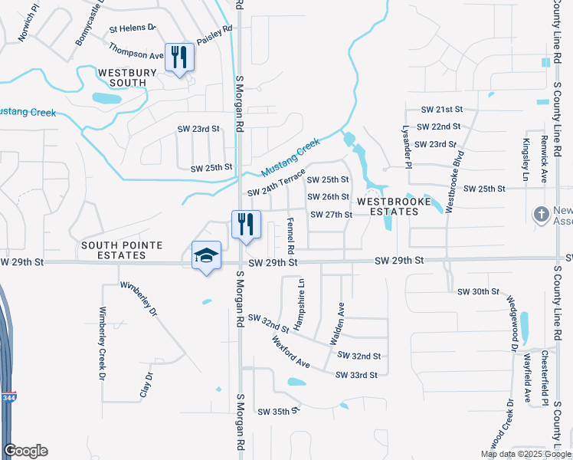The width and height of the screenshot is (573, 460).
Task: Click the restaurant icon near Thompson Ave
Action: (179, 57)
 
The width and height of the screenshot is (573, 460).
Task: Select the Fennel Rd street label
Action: (290, 235)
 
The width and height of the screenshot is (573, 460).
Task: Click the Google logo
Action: (26, 451)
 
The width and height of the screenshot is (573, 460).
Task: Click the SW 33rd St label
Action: (356, 375)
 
